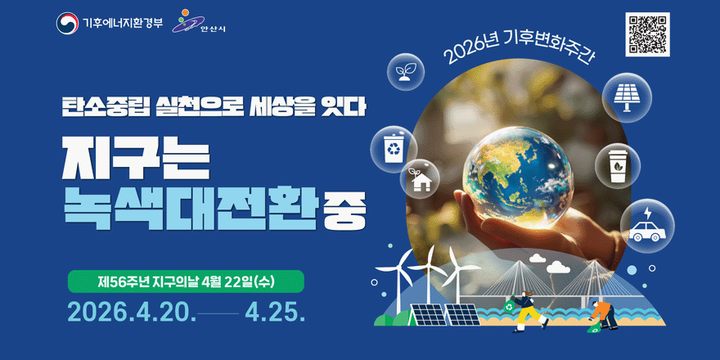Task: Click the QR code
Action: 647,34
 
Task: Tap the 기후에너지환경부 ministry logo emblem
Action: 67,24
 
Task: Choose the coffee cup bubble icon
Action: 618,165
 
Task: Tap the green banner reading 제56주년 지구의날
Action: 186,281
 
